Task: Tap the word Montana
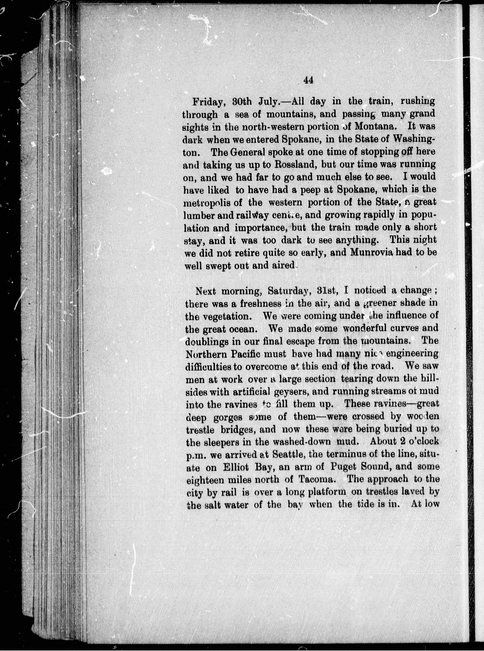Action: pos(378,128)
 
